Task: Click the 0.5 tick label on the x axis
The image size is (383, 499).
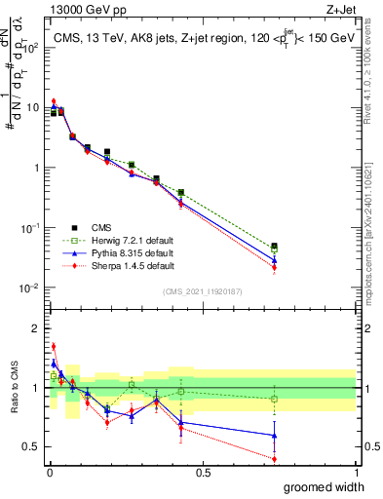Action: (x=203, y=471)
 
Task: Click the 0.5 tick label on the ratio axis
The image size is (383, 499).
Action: (x=29, y=449)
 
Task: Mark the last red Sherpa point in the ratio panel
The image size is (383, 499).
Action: (x=274, y=459)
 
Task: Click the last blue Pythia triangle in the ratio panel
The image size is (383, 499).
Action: (x=274, y=436)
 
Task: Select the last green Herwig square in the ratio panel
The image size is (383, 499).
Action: (x=274, y=399)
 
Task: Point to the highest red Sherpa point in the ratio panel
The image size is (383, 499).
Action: (x=54, y=345)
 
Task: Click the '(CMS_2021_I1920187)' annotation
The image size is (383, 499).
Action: (x=203, y=290)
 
